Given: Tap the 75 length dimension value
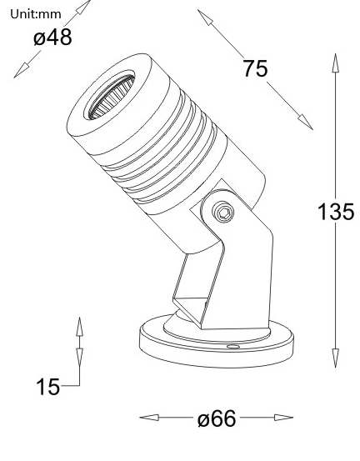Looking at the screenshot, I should [256, 68].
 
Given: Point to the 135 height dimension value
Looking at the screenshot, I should [335, 211].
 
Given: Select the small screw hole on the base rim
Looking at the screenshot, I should [233, 343].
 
